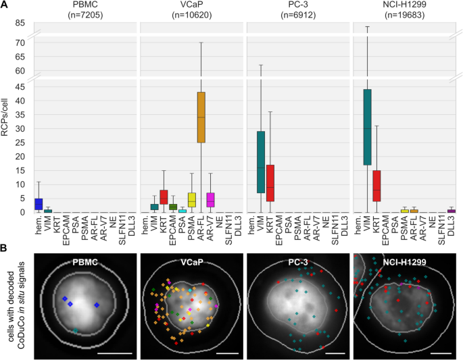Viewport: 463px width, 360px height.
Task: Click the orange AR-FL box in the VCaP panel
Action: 201,118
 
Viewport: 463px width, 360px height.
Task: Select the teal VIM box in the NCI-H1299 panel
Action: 367,127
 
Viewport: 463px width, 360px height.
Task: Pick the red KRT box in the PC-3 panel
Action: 270,183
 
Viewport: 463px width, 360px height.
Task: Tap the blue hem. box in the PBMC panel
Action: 39,204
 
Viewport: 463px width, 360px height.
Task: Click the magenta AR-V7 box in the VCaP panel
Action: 210,199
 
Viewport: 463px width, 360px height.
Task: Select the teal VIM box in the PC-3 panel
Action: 260,162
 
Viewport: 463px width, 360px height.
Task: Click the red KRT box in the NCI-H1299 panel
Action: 376,186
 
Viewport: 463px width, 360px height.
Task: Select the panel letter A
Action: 5,5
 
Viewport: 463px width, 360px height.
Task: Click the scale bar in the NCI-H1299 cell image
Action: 440,351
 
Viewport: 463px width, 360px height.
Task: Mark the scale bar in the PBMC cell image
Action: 119,351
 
